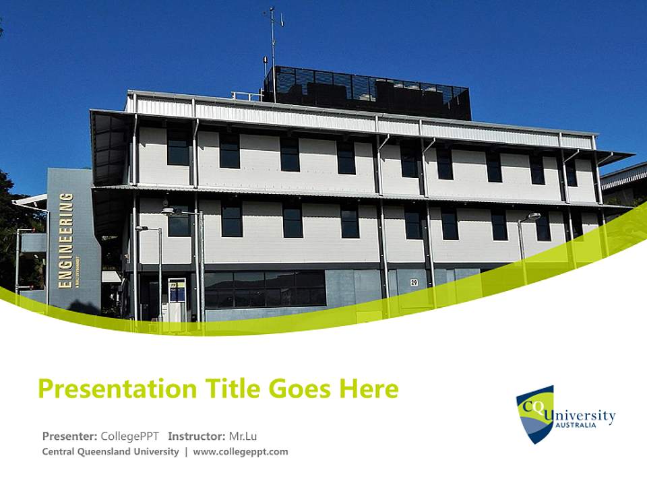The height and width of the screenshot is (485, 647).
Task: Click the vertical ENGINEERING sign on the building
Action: pos(66,240)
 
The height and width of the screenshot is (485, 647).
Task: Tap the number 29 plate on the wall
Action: pos(414,283)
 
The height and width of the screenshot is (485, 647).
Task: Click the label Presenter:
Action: pos(69,436)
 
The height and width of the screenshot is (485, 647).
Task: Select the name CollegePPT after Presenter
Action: pos(129,436)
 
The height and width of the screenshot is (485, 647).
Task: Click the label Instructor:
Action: pos(196,436)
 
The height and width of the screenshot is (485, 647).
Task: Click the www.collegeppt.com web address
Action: pos(241,452)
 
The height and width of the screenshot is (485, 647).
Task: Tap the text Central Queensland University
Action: pos(111,452)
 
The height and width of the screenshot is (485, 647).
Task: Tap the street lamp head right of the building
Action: pos(532,217)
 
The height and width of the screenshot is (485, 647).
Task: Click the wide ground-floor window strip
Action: pos(266,288)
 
